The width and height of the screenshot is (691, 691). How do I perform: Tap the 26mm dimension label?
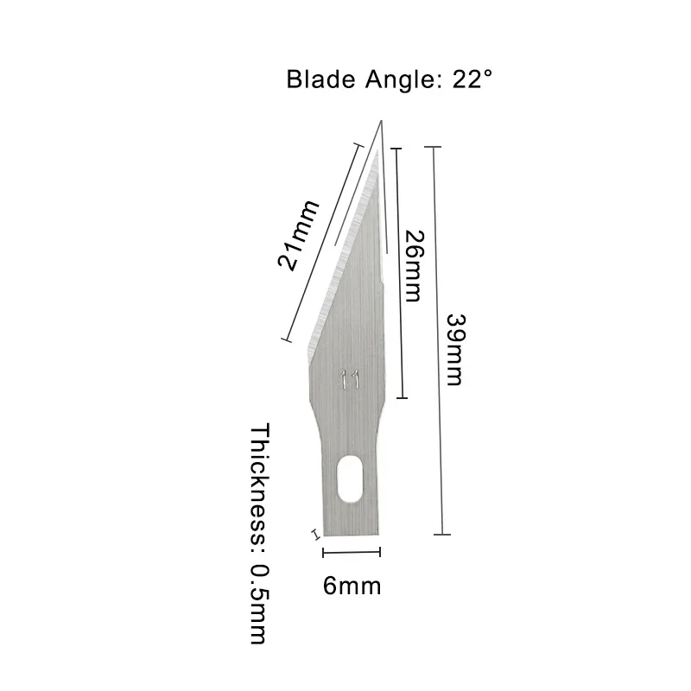click(413, 266)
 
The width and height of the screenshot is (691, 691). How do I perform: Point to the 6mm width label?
click(352, 586)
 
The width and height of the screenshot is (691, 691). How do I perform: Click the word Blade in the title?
click(319, 81)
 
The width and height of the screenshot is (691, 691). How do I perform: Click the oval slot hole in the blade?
click(349, 479)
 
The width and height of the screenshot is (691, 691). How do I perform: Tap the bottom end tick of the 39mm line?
click(442, 536)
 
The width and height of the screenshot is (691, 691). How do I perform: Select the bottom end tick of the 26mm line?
click(401, 398)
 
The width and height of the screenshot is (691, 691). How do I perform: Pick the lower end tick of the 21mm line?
click(283, 341)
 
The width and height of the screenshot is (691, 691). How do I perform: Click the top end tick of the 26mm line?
click(396, 149)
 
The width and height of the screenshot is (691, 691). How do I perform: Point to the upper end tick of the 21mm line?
click(356, 146)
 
